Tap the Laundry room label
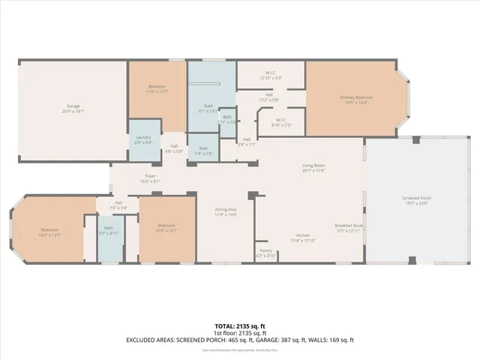coord(144,139)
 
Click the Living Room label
coord(313,167)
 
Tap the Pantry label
coord(266,252)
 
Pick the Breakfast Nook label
coord(349,227)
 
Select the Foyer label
coord(150,178)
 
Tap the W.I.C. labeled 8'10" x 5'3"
coord(280,122)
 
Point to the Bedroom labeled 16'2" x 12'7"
coord(49,232)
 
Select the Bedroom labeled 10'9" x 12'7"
coord(166,228)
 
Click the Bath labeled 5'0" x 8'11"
coord(109,230)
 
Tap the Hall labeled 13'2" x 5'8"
coord(268,97)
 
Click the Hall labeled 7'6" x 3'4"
coord(118,204)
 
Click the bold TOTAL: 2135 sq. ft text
coord(239,325)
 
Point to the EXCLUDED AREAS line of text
coord(239,340)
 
